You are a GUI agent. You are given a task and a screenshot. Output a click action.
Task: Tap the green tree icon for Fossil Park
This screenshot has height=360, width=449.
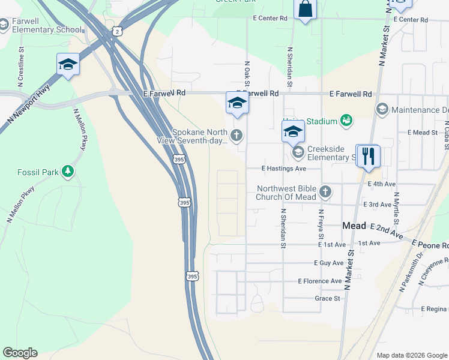69,172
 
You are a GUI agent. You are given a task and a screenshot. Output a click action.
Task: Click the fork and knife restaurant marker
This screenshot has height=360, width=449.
368,157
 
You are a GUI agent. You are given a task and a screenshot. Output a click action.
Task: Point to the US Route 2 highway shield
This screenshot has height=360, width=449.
118,31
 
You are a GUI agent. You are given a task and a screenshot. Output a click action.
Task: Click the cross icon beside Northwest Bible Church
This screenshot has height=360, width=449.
325,191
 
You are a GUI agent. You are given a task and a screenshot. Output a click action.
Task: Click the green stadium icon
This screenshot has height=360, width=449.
346,121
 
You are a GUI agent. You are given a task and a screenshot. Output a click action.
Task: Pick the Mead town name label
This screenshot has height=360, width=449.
354,226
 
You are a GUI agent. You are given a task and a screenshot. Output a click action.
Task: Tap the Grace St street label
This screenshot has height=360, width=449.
327,298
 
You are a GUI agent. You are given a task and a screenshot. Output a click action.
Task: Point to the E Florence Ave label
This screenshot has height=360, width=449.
320,281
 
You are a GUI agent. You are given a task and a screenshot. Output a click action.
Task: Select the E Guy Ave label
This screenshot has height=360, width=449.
328,263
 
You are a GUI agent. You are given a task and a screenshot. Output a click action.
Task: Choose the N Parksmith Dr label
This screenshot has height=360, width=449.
414,267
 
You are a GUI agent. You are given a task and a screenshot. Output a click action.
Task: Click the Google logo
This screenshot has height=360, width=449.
20,353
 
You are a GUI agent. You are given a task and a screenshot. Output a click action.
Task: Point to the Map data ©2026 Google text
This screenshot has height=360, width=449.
412,355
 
